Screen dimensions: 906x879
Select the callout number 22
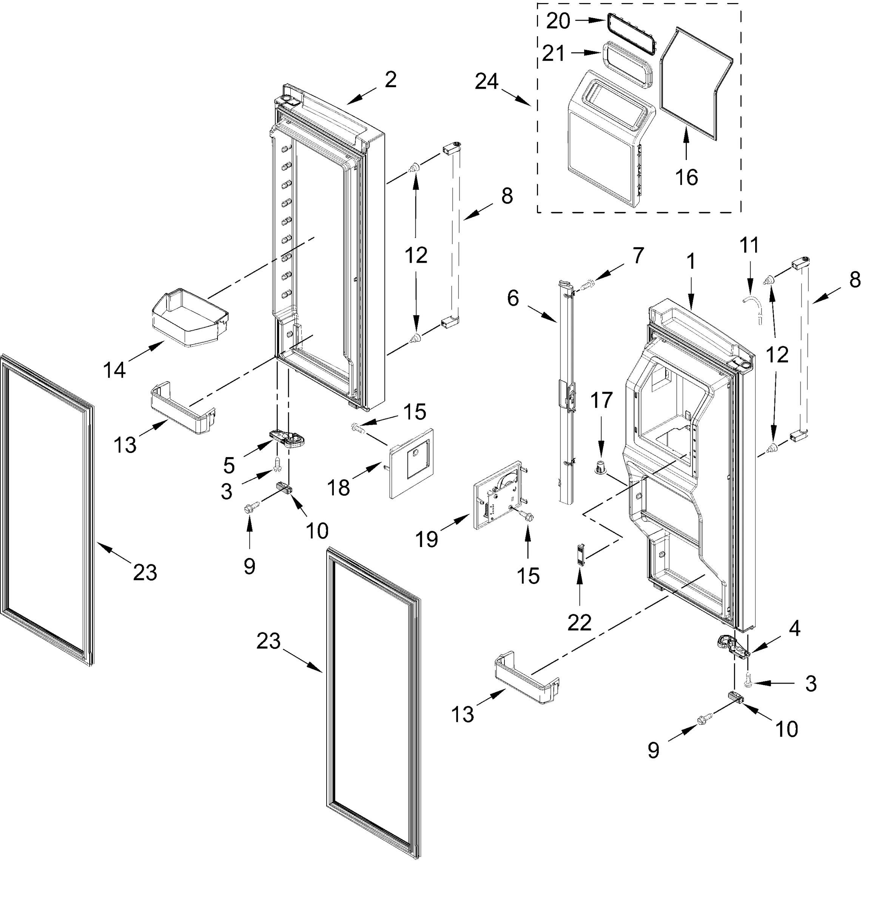(579, 623)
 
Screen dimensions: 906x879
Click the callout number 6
(513, 299)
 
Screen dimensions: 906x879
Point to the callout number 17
(601, 400)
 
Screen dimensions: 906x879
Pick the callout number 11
(749, 245)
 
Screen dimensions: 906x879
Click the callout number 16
(686, 177)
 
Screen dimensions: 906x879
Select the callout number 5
(229, 465)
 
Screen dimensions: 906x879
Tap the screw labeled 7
(586, 285)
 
